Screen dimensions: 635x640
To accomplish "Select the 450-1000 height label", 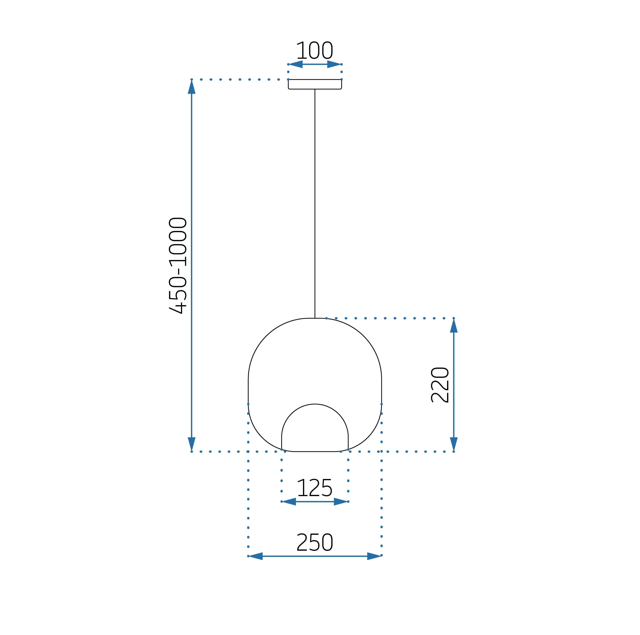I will (x=178, y=266).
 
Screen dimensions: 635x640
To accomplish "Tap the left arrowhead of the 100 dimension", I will (x=296, y=64).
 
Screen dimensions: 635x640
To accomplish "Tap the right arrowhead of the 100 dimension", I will (x=334, y=64).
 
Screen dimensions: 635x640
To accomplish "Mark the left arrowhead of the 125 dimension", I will (x=289, y=502).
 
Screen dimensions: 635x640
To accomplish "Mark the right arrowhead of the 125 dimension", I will (x=341, y=502).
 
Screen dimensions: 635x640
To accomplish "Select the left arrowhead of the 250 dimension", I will (x=256, y=556).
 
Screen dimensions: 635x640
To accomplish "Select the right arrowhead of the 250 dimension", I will (x=374, y=556).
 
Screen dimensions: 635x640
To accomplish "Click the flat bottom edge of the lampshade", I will (x=315, y=451).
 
